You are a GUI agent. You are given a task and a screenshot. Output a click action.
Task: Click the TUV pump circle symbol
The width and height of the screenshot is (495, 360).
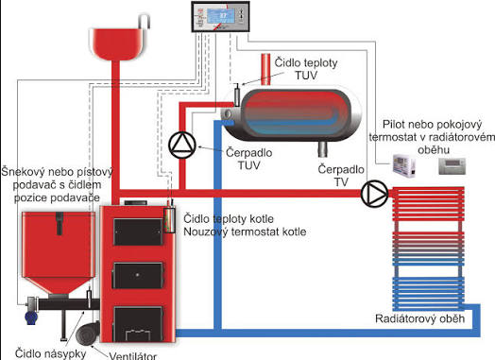(x=182, y=146)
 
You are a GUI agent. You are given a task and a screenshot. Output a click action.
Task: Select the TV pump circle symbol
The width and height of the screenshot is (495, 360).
(x=374, y=194)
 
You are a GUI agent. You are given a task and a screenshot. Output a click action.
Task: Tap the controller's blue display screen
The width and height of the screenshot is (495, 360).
(x=221, y=16)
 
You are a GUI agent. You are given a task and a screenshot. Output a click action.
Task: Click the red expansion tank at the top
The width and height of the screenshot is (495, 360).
(x=118, y=43)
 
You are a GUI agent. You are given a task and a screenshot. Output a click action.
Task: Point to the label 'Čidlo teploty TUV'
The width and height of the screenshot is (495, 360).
(x=306, y=69)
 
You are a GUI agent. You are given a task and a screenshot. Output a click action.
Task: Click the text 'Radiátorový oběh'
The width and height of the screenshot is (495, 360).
(x=419, y=318)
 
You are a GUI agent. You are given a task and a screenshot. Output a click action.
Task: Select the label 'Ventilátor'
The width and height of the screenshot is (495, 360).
(x=132, y=356)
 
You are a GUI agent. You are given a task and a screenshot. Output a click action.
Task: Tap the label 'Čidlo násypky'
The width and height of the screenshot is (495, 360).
(x=50, y=353)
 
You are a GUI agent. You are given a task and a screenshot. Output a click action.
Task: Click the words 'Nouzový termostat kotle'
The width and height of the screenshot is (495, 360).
(x=245, y=231)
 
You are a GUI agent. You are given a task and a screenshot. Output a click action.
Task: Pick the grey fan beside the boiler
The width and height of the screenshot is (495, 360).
(x=88, y=333)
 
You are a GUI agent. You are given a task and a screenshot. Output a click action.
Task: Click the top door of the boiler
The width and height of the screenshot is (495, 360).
(x=138, y=231)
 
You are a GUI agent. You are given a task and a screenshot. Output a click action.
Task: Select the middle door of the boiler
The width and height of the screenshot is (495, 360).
(x=138, y=275)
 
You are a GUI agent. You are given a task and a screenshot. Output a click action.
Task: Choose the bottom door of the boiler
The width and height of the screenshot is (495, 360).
(x=138, y=324)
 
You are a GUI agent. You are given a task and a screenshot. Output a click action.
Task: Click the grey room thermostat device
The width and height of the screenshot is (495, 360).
(x=452, y=165)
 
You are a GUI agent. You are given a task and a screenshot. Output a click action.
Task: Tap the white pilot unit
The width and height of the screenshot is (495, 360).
(x=403, y=165)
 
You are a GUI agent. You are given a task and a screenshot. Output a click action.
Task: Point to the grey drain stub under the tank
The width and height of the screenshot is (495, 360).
(x=323, y=149)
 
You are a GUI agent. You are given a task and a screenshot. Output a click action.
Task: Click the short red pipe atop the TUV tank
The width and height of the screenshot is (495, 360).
(x=265, y=70)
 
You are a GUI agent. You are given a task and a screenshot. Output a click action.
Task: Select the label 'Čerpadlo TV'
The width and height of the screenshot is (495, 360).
(x=341, y=176)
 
